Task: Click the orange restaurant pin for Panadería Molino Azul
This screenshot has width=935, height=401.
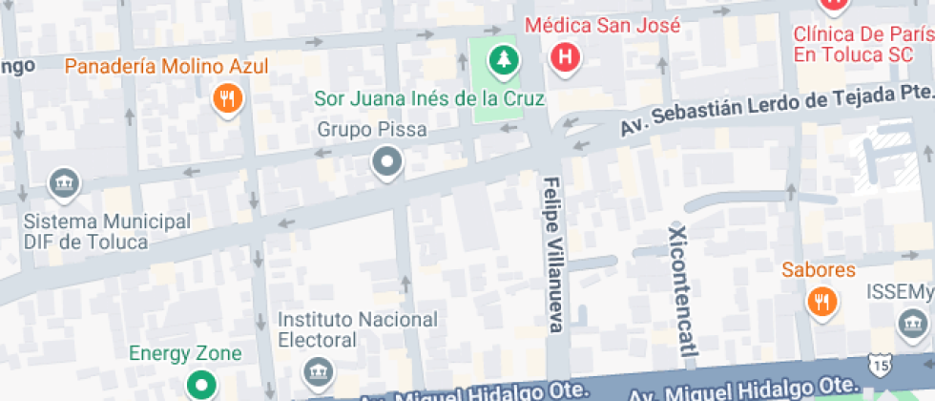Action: [x=226, y=97]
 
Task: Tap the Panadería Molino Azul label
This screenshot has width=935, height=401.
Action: [x=166, y=67]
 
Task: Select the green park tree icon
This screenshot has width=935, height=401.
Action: [x=500, y=61]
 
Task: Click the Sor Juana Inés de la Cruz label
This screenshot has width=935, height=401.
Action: [x=429, y=98]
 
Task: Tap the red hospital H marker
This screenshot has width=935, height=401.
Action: [x=566, y=57]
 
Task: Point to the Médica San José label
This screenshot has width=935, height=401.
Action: [x=603, y=25]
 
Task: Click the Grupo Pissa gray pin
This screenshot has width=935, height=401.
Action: [x=386, y=162]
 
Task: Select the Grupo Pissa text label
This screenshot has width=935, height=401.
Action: [x=372, y=130]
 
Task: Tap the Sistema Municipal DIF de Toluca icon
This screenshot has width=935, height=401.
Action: [x=64, y=183]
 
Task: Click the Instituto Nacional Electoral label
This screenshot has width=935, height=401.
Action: [x=358, y=329]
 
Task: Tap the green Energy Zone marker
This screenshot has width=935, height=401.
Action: [x=201, y=386]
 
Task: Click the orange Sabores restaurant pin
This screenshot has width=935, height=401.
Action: [x=820, y=302]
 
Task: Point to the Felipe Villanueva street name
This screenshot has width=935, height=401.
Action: [x=552, y=254]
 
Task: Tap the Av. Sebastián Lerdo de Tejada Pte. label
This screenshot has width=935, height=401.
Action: [x=775, y=108]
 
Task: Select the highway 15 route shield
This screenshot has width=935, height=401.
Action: [x=879, y=364]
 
